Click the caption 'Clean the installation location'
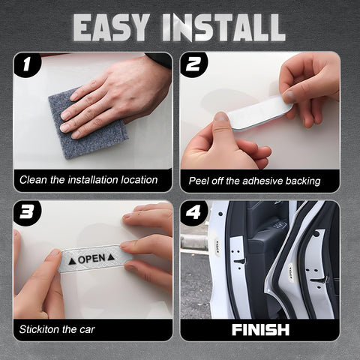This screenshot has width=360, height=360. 88,180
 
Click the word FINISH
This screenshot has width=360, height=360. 259,328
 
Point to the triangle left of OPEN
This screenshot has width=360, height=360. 72,259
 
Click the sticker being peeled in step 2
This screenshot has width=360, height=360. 259,112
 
